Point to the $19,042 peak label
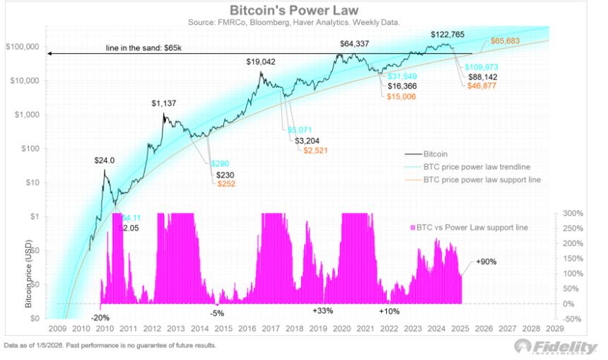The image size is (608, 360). tap(260, 62)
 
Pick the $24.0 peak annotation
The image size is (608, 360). tap(105, 161)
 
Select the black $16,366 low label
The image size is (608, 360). tap(403, 86)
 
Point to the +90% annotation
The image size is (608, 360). tap(487, 262)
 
